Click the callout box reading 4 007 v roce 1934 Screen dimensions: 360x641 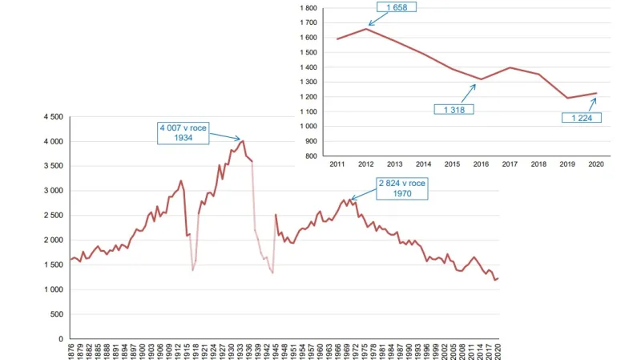coord(187,131)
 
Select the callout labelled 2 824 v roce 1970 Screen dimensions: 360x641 coord(402,188)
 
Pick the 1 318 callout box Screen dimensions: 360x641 coord(452,109)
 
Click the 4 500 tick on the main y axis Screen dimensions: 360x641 coord(53,117)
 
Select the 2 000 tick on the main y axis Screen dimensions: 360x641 coord(53,241)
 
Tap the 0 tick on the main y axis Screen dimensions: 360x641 coord(60,339)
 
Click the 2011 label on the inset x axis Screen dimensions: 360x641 coord(337,164)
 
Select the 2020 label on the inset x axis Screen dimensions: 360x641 coord(595,164)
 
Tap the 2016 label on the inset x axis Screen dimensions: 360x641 coord(481,164)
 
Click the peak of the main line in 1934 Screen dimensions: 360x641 coord(243,141)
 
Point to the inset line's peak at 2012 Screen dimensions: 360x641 coord(366,29)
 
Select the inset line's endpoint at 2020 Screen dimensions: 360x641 coord(595,93)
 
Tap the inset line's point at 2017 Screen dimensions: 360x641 coord(510,67)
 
